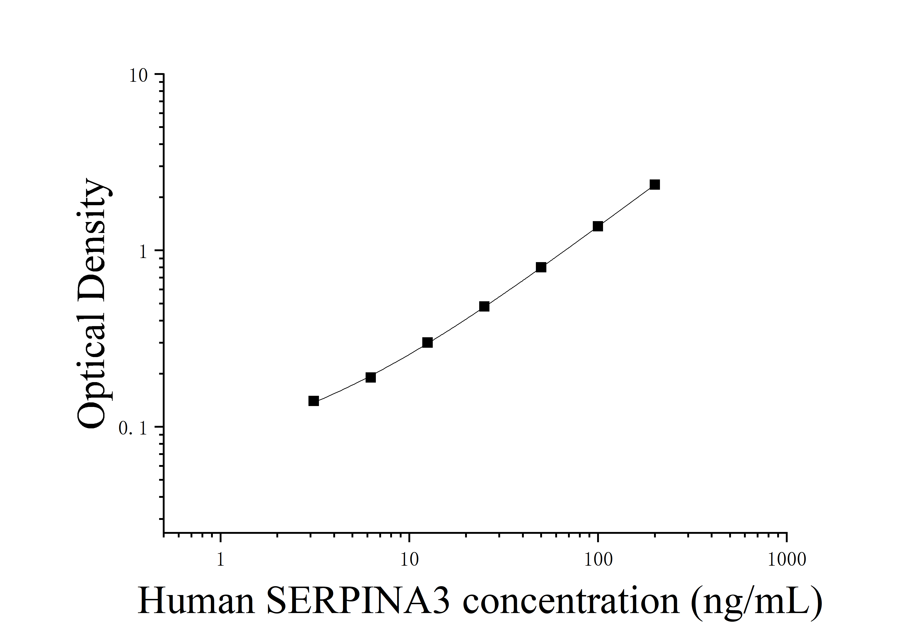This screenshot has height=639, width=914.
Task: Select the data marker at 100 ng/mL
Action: point(598,226)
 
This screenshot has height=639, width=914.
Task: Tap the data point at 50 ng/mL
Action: point(541,267)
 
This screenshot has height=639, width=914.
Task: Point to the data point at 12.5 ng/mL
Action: point(427,343)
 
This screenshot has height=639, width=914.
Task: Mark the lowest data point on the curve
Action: point(314,401)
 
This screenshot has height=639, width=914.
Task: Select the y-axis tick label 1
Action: point(143,252)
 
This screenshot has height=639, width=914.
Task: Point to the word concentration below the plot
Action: point(571,602)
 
